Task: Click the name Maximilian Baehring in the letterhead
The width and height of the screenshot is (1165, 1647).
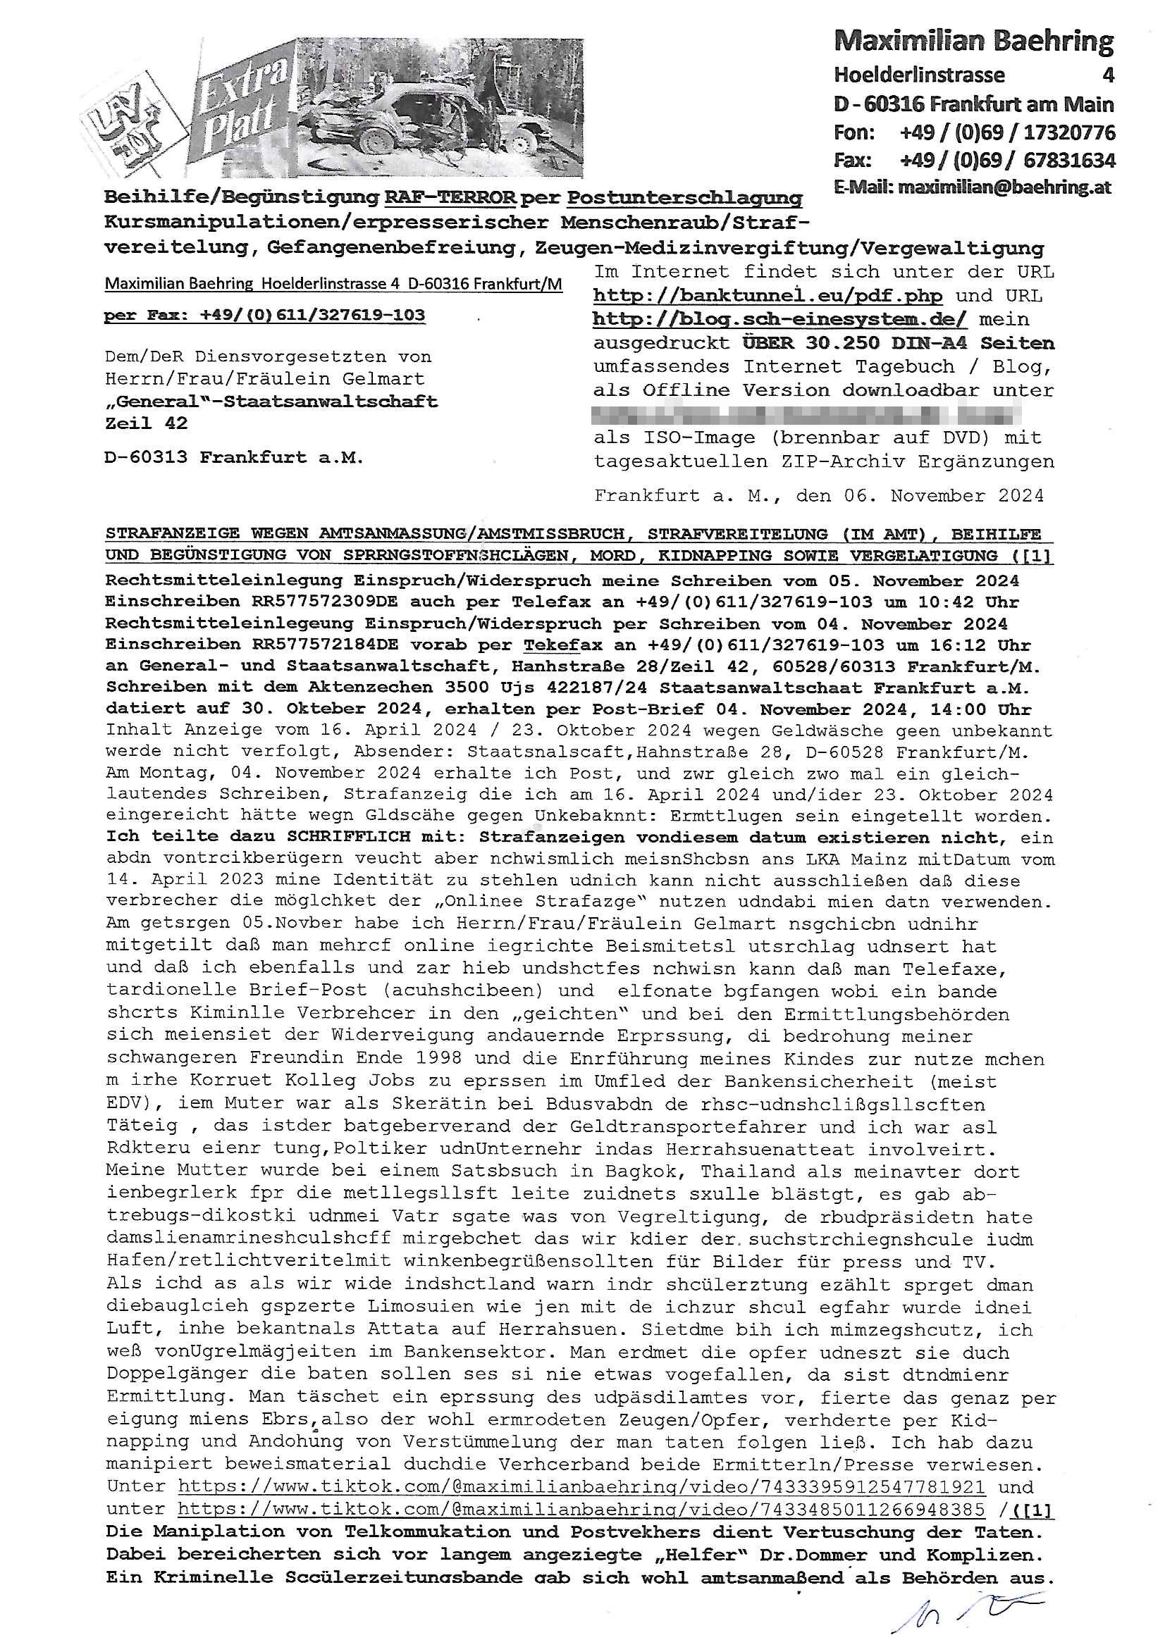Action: coord(973,42)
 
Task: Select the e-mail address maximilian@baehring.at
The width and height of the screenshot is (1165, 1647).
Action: coord(1004,188)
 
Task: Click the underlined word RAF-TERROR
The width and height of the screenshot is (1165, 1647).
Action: coord(450,197)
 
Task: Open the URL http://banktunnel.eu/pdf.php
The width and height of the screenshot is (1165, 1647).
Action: coord(768,296)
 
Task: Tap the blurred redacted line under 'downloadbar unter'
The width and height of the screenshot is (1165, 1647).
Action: coord(807,415)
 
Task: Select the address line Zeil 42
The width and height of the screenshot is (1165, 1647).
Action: coord(147,423)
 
